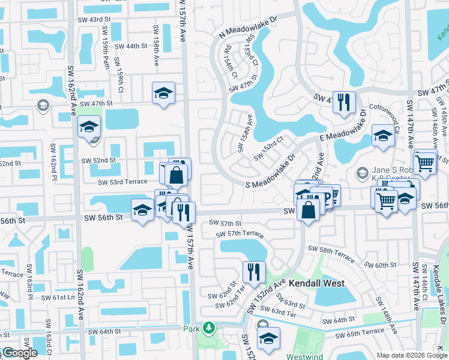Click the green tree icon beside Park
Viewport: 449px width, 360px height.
point(208,328)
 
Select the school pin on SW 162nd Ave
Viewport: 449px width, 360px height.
point(89,127)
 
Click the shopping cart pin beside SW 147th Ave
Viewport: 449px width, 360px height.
point(424,161)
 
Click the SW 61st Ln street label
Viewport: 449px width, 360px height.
point(58,297)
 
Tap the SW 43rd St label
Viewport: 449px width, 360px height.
point(95,20)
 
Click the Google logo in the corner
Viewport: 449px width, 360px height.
point(19,353)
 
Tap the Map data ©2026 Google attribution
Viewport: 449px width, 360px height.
point(412,355)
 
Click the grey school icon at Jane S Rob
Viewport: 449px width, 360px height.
point(361,173)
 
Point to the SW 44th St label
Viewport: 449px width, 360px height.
point(130,46)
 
